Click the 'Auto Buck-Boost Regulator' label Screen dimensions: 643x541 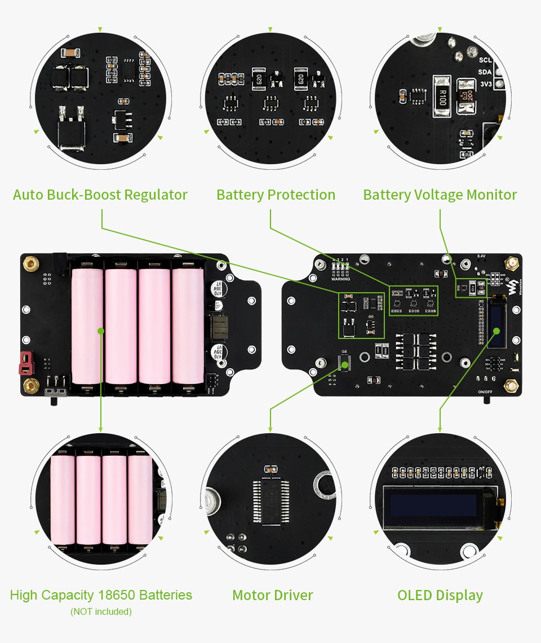pyautogui.click(x=100, y=195)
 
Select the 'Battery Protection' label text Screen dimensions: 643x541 pyautogui.click(x=276, y=195)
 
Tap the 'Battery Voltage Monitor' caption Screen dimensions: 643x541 pyautogui.click(x=440, y=195)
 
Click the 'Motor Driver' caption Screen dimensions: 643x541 pyautogui.click(x=272, y=595)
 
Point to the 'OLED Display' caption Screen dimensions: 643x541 pyautogui.click(x=440, y=595)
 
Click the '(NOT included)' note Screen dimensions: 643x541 pyautogui.click(x=101, y=611)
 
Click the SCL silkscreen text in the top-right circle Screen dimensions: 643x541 pyautogui.click(x=485, y=60)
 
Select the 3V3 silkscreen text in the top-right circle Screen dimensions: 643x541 pyautogui.click(x=485, y=83)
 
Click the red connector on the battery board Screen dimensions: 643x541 pyautogui.click(x=25, y=363)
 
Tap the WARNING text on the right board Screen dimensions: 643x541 pyautogui.click(x=340, y=279)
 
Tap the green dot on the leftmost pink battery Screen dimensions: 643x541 pyautogui.click(x=101, y=331)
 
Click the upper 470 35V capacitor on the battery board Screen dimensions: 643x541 pyautogui.click(x=216, y=288)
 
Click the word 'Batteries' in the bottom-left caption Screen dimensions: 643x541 pyautogui.click(x=165, y=595)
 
